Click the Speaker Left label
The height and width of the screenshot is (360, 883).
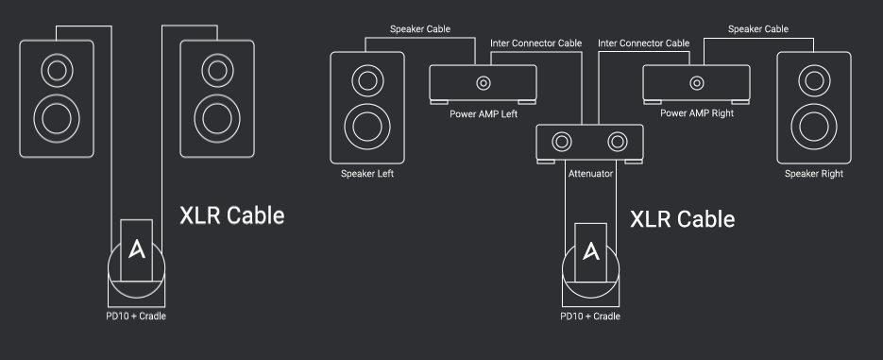pyautogui.click(x=367, y=174)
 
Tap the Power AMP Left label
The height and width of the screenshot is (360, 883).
pyautogui.click(x=484, y=113)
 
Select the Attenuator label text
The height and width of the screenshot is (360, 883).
pyautogui.click(x=590, y=174)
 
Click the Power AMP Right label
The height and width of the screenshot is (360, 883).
pyautogui.click(x=697, y=113)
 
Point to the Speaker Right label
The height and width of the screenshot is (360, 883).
pyautogui.click(x=814, y=174)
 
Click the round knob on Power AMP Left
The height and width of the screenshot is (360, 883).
pyautogui.click(x=484, y=83)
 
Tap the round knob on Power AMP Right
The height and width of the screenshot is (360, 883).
pyautogui.click(x=697, y=83)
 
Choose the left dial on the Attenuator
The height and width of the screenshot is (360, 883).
pyautogui.click(x=562, y=142)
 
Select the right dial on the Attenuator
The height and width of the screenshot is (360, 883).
pyautogui.click(x=618, y=142)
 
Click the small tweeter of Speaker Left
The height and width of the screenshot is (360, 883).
pyautogui.click(x=367, y=80)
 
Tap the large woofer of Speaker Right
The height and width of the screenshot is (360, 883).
pyautogui.click(x=814, y=127)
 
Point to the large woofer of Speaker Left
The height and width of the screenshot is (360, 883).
pyautogui.click(x=367, y=127)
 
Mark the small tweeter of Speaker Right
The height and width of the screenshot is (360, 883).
pyautogui.click(x=814, y=80)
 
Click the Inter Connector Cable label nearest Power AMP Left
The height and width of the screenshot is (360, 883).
pyautogui.click(x=535, y=43)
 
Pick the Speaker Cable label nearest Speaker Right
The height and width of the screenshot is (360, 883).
pyautogui.click(x=758, y=28)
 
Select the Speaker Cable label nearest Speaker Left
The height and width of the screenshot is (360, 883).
pyautogui.click(x=420, y=28)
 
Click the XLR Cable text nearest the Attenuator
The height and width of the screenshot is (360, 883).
pyautogui.click(x=682, y=219)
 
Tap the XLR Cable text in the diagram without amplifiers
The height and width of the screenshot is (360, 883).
pyautogui.click(x=232, y=215)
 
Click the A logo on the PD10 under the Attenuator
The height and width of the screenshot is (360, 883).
pyautogui.click(x=591, y=250)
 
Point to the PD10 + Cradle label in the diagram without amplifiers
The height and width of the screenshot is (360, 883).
pyautogui.click(x=136, y=316)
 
